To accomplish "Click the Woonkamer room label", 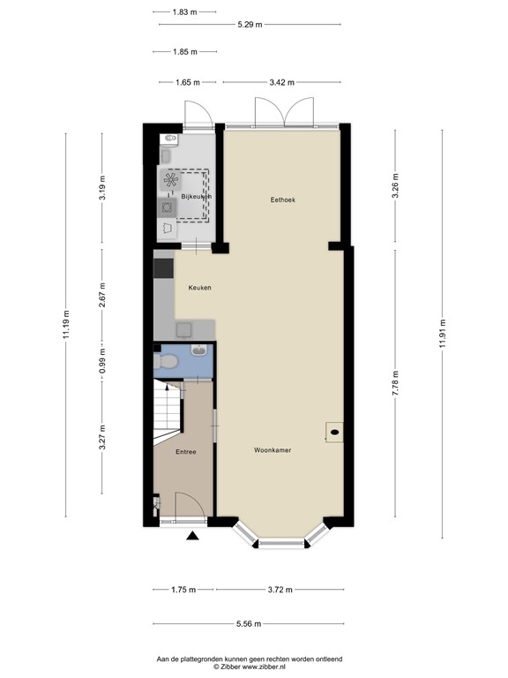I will [x=273, y=449].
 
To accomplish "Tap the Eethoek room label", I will [x=282, y=200].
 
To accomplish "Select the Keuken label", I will [x=199, y=288].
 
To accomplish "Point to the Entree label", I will [x=185, y=452].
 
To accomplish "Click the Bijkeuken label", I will [x=196, y=196].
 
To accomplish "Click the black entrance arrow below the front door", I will [x=192, y=535].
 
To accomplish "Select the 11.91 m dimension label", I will [x=442, y=335].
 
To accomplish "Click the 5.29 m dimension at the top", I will [x=250, y=25].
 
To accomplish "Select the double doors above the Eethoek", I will [x=271, y=112].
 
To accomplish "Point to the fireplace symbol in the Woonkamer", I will [x=335, y=432].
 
